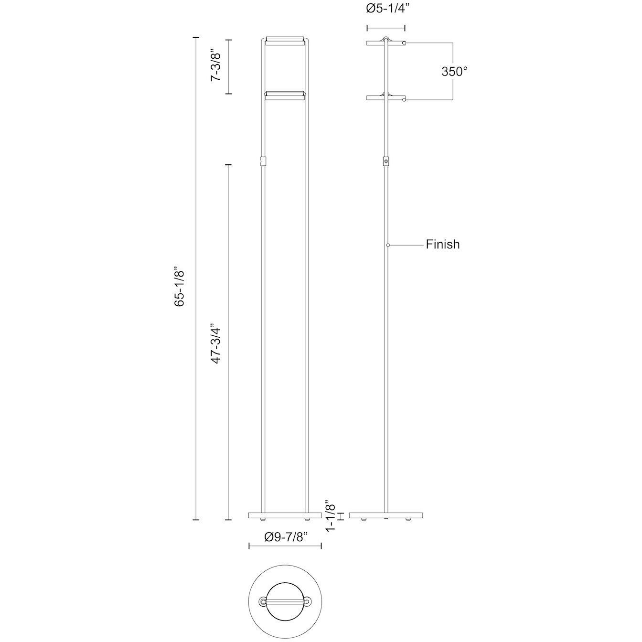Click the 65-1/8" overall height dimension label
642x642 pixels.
[x=180, y=287]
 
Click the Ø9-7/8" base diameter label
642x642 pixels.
[x=286, y=537]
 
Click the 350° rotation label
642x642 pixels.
[x=454, y=72]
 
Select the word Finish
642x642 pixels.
[x=443, y=245]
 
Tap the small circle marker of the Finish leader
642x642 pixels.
[x=388, y=245]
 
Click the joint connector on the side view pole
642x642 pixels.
[x=386, y=162]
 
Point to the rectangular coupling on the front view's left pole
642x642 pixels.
[x=262, y=161]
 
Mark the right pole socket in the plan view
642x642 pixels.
[x=308, y=600]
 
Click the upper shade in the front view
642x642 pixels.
[x=285, y=40]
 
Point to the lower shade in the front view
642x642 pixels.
[x=285, y=95]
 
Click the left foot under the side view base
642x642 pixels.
[x=364, y=519]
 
